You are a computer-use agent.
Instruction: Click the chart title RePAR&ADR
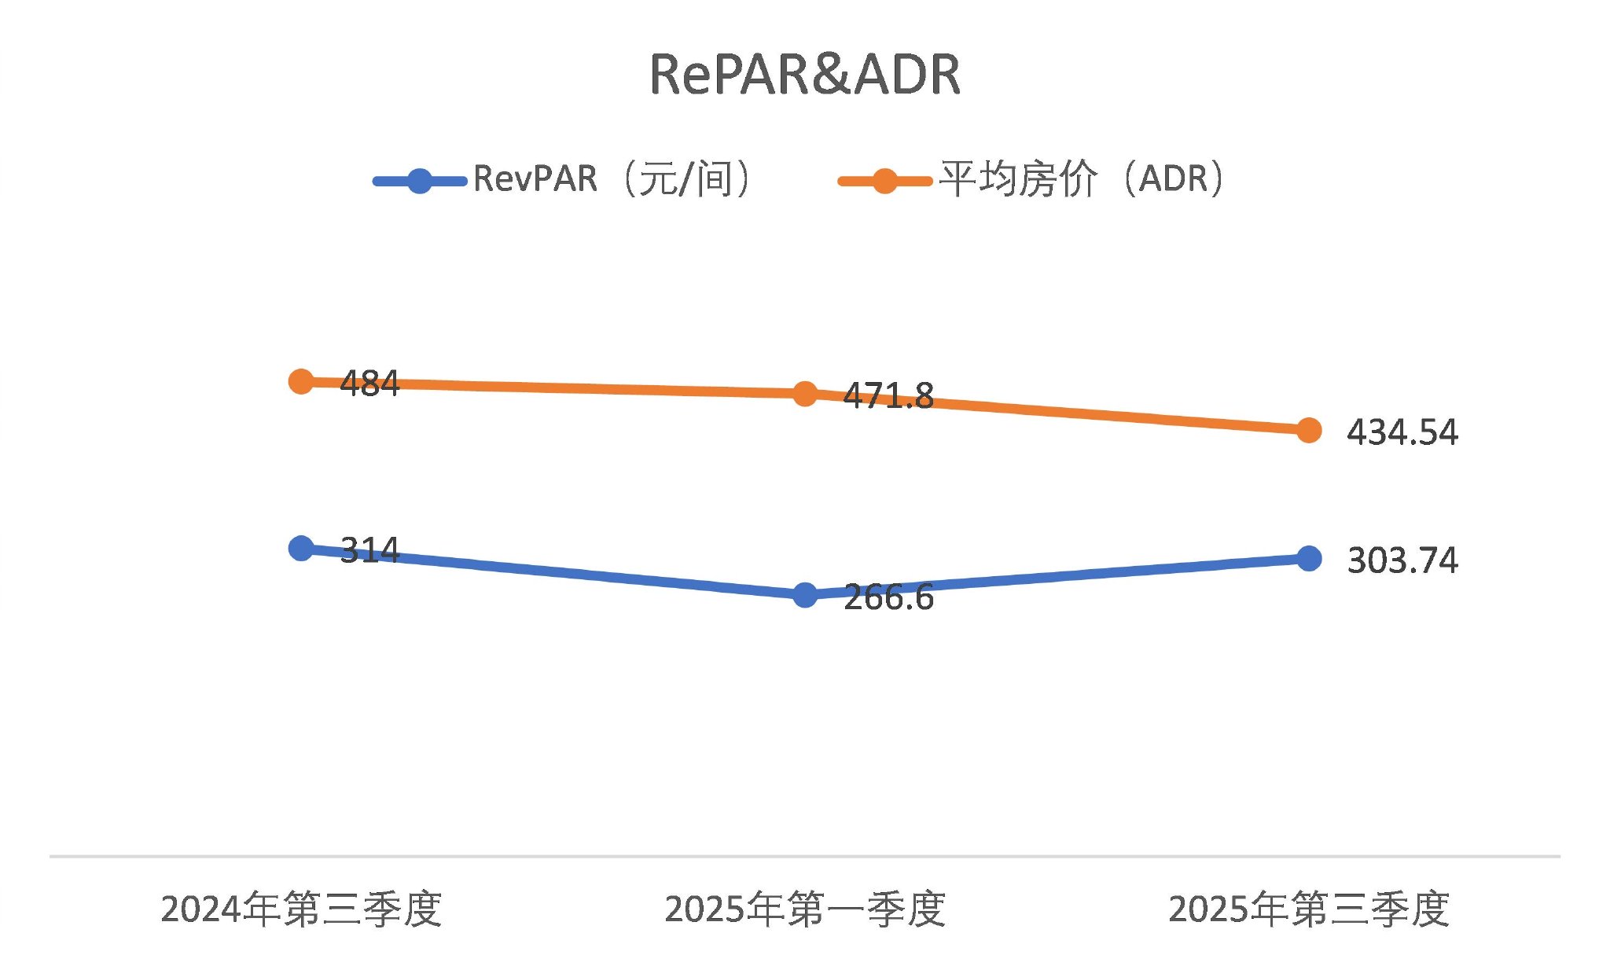[804, 75]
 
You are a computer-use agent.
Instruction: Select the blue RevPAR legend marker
[420, 181]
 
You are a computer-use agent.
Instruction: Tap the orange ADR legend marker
[884, 181]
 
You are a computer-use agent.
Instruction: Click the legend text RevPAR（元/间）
[613, 179]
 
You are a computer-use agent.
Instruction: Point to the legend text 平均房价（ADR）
[1082, 179]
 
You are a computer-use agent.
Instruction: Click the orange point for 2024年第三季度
[301, 382]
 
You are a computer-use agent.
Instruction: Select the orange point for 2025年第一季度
[805, 394]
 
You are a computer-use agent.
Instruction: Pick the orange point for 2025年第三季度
[1309, 430]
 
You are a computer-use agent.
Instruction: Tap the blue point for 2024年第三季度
[301, 548]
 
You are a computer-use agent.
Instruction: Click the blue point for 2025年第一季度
[805, 595]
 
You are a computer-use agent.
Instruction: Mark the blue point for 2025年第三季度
[1309, 558]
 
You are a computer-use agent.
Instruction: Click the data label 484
[369, 384]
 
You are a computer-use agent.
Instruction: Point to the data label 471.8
[888, 395]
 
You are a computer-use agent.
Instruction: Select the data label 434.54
[1402, 432]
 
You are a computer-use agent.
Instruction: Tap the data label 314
[369, 549]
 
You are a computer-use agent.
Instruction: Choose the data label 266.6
[888, 598]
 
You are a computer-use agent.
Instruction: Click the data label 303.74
[1402, 560]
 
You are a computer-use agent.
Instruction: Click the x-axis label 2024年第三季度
[301, 909]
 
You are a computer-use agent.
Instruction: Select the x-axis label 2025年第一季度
[805, 909]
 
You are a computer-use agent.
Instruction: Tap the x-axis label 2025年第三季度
[1309, 909]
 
